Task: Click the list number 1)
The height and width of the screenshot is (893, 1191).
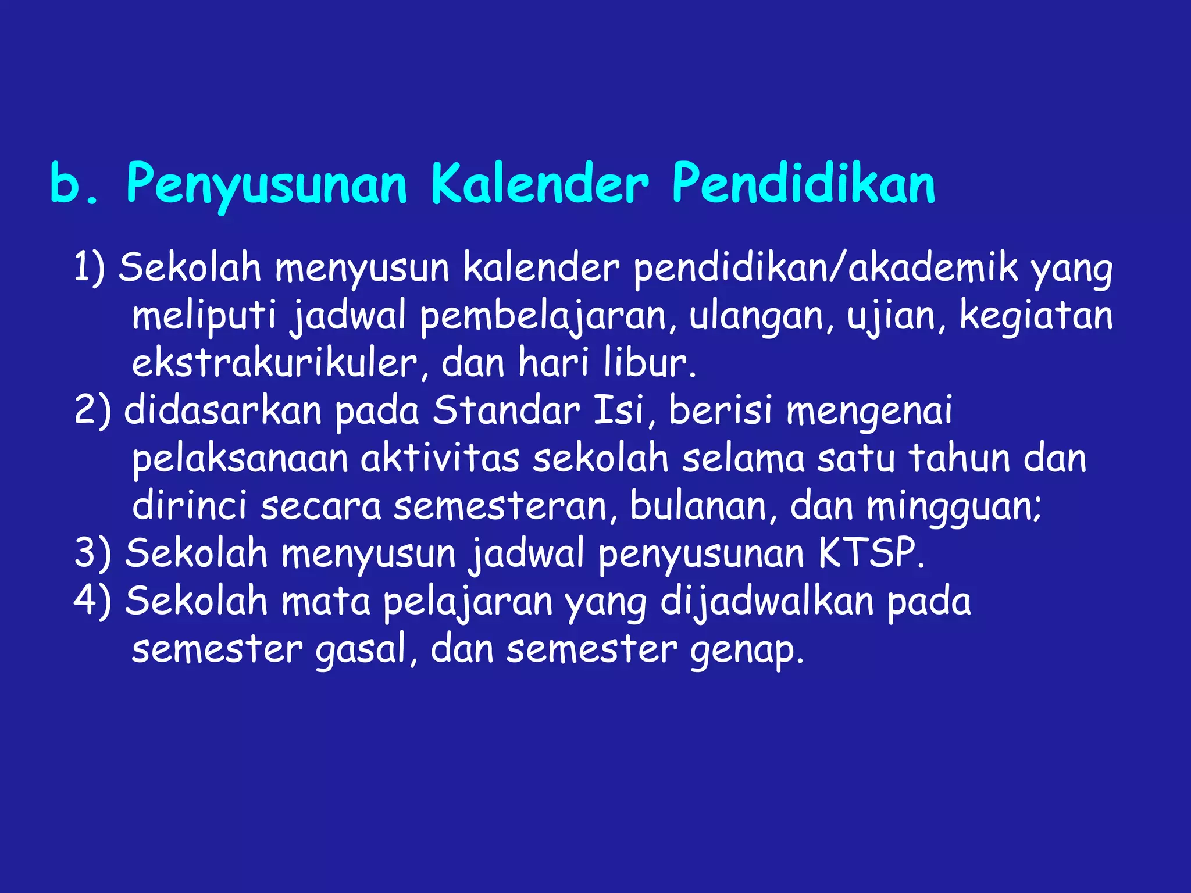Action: (x=90, y=268)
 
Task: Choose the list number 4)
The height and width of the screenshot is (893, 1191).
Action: (x=92, y=601)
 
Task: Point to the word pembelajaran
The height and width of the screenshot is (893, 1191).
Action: (x=548, y=316)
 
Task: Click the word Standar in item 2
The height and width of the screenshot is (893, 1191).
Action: (x=506, y=410)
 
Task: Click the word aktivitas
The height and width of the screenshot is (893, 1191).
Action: (x=440, y=458)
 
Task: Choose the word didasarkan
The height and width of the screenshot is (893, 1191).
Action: (x=223, y=410)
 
